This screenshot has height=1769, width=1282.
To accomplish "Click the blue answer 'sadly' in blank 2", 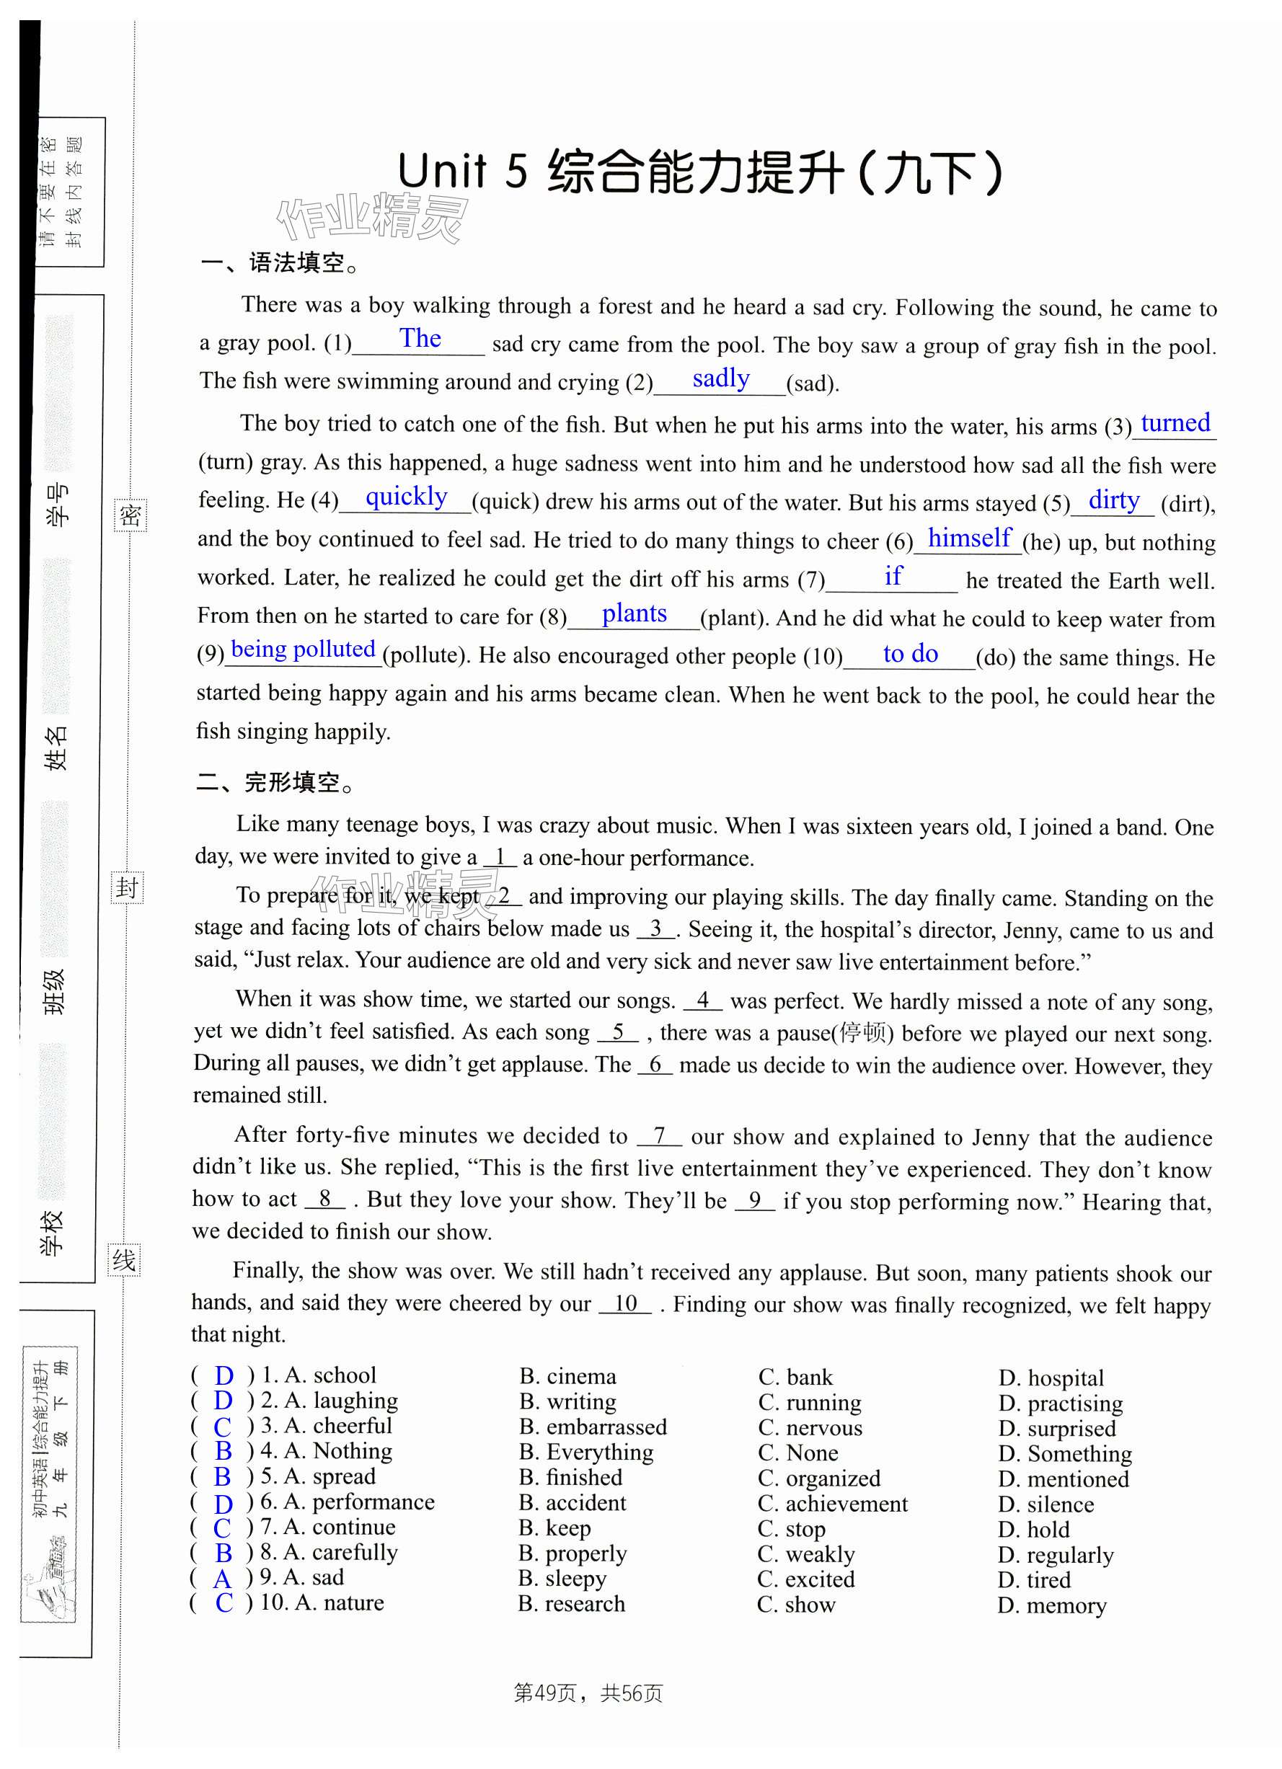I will coord(720,379).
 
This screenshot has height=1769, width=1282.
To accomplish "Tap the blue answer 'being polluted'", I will coord(303,649).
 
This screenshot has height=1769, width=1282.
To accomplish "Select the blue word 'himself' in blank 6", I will coord(969,538).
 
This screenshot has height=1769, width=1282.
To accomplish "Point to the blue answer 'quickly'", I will coord(406,497).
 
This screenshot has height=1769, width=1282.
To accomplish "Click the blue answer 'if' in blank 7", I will coord(893,577).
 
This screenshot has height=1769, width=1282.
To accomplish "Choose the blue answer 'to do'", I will coord(910,654).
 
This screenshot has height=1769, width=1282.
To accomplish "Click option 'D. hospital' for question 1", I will coord(1051,1378).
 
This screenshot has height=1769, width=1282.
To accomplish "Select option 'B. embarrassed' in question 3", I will coord(593,1427).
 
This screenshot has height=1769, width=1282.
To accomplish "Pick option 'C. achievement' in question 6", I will coord(833,1504).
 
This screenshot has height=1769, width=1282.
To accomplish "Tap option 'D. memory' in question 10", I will coord(1052,1605).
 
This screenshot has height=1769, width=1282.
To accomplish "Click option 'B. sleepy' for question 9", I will coord(562,1579).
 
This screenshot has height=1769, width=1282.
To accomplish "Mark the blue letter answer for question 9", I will coord(222,1579).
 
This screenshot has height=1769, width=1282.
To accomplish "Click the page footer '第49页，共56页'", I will coord(588,1693).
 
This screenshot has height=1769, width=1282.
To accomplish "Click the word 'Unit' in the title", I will coord(442,171).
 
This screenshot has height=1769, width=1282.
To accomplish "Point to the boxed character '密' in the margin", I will coord(131,515).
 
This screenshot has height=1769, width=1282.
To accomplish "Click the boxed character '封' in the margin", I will coord(127,887).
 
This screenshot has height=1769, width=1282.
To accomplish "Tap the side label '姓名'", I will coord(56,749).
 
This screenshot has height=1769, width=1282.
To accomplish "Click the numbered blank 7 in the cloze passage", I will coord(659,1135).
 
